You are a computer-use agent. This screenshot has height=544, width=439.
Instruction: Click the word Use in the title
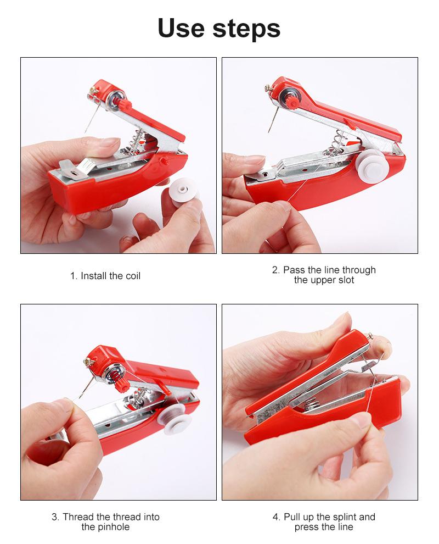(x=184, y=28)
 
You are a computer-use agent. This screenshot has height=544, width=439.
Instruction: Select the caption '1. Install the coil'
(x=105, y=276)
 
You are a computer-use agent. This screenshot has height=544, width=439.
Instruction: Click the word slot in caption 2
(x=344, y=280)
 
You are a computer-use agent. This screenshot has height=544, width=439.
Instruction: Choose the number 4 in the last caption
(x=276, y=517)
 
